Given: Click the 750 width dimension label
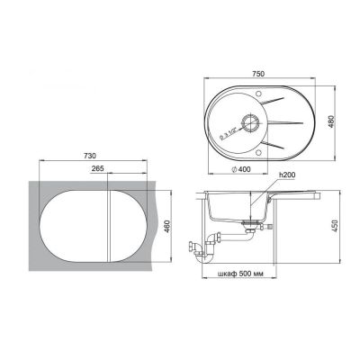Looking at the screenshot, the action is tap(258, 74).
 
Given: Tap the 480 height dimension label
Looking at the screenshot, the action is tap(331, 121).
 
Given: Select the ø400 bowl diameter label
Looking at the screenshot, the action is tap(241, 169).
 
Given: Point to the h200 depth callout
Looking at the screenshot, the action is tap(287, 175).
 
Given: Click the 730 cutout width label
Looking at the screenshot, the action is tap(90, 156).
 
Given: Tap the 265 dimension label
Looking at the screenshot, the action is tap(97, 168).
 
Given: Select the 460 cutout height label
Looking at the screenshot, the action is tap(167, 226).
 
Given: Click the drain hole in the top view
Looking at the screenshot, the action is tap(249, 123).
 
